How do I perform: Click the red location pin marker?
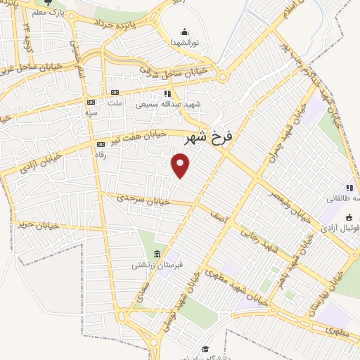tap(181, 166)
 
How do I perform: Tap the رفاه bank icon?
tap(100, 144)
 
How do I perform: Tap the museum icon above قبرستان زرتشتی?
tap(157, 253)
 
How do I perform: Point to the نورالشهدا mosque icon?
tap(184, 32)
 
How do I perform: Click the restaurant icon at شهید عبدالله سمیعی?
tap(167, 93)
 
